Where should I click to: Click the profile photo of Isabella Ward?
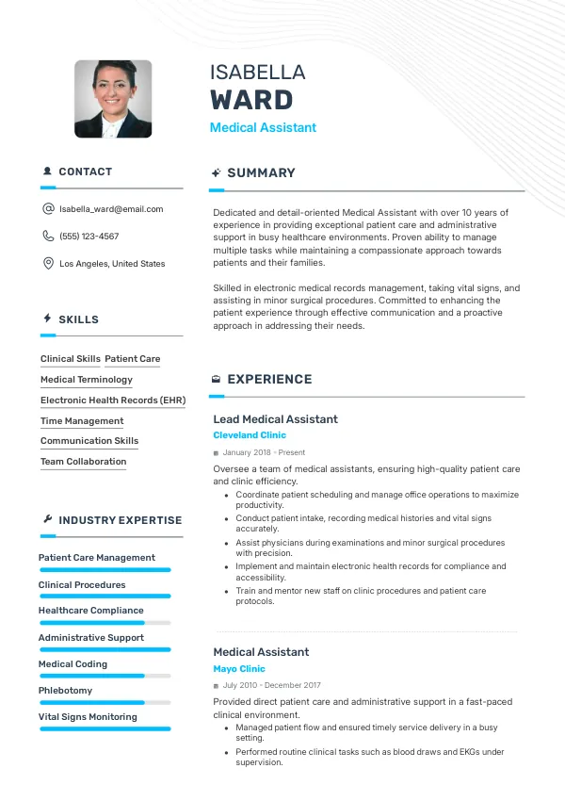(113, 99)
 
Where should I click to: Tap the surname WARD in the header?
(251, 100)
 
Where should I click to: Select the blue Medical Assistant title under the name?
(263, 127)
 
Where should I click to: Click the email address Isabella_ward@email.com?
(111, 209)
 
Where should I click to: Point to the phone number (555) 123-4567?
(89, 237)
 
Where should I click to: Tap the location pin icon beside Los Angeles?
(48, 264)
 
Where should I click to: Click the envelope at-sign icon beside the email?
(48, 209)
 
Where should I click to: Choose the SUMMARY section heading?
(261, 173)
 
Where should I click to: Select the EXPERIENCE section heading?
(269, 380)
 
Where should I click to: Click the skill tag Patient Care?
(133, 359)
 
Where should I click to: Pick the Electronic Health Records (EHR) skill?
(113, 400)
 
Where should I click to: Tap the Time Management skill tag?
(82, 421)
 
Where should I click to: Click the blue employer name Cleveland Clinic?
(250, 435)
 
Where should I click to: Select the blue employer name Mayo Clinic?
(239, 669)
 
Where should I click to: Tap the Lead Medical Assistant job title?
(275, 419)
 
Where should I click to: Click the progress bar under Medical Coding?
(105, 676)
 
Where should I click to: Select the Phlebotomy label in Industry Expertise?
(66, 691)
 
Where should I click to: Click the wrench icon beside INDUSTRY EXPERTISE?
(48, 520)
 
